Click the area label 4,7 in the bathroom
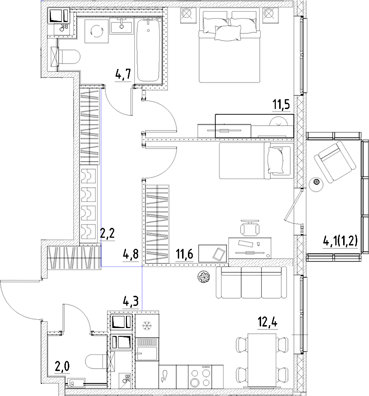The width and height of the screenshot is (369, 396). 123,75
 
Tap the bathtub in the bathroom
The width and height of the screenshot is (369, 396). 150,50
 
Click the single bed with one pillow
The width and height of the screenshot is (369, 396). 254,161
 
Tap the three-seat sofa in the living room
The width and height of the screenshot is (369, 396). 251,283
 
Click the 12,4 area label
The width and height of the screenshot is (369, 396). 267,323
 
